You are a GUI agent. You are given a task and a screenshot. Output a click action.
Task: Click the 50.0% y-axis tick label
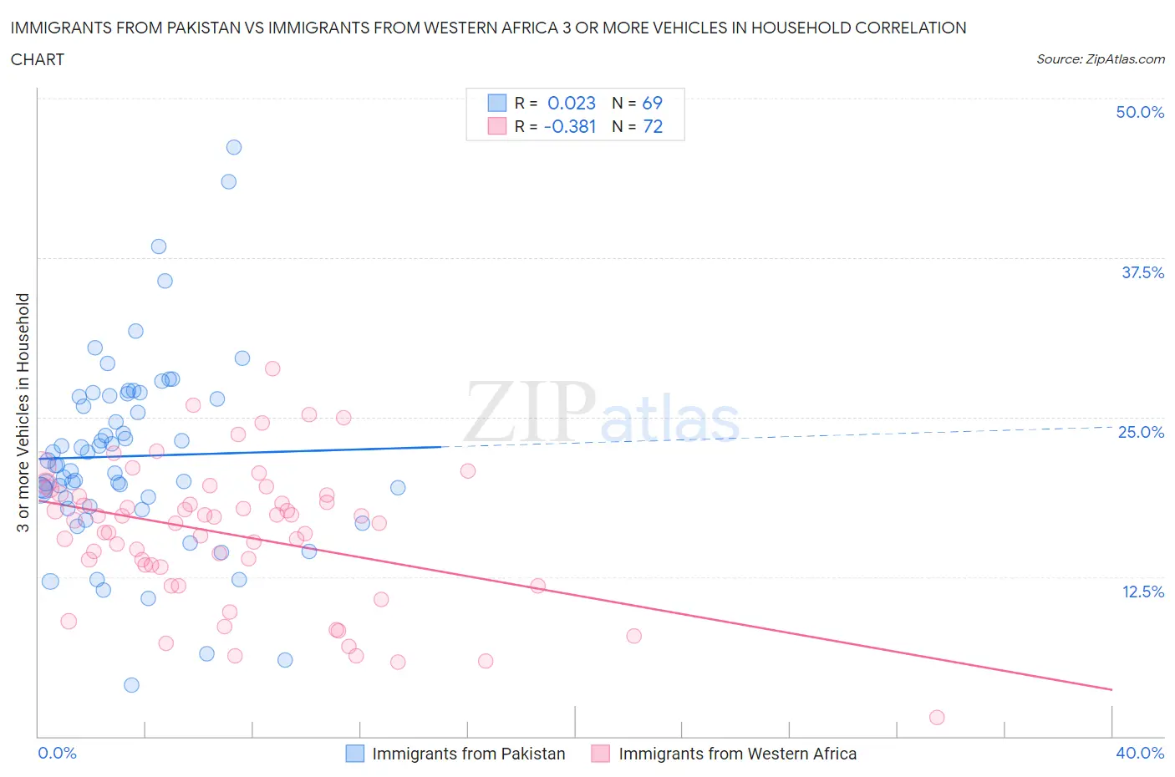point(1140,112)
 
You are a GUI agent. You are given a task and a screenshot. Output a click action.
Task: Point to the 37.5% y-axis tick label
point(1142,272)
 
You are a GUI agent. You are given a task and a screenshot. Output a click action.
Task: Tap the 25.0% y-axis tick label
point(1141,432)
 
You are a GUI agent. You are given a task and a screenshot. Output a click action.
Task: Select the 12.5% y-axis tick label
point(1142,592)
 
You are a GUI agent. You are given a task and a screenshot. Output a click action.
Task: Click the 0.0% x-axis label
point(57,753)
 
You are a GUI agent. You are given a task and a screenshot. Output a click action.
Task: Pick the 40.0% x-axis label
point(1140,753)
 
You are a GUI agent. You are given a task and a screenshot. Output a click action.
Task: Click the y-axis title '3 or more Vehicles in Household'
point(23,412)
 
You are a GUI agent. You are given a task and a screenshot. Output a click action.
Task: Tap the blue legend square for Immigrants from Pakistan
point(355,754)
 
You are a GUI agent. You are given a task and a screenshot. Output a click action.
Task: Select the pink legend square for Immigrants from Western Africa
point(600,754)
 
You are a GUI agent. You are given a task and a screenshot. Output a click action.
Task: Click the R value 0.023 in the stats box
point(572,103)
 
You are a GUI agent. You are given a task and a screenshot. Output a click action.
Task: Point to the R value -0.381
point(570,126)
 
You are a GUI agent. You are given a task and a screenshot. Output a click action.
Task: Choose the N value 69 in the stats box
point(652,103)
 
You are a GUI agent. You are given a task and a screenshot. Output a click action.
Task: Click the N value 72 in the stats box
point(652,126)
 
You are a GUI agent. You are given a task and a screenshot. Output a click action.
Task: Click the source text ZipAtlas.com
point(1125,59)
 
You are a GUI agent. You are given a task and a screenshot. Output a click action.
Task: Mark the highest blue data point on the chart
point(234,147)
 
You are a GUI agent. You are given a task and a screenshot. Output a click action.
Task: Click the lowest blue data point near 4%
point(131,685)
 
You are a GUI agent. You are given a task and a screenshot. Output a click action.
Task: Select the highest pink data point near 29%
point(272,368)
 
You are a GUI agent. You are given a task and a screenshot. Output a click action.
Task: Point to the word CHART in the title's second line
point(38,59)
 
